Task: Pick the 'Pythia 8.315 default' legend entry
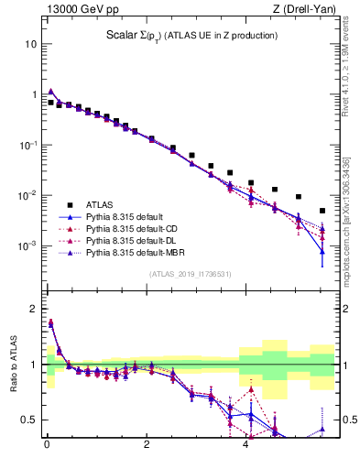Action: pos(127,216)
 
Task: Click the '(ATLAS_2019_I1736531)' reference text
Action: pos(191,274)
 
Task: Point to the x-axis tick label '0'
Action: pos(47,447)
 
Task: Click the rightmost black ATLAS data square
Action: pos(322,211)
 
